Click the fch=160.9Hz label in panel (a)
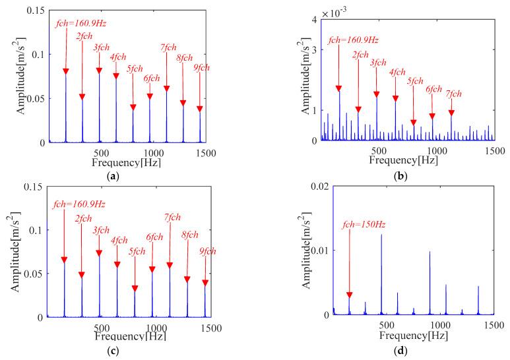80,24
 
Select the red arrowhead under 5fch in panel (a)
133,107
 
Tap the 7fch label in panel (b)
451,96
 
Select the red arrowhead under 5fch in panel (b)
414,123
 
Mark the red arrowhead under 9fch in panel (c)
205,283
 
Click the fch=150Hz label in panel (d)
364,225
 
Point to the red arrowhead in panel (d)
350,295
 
